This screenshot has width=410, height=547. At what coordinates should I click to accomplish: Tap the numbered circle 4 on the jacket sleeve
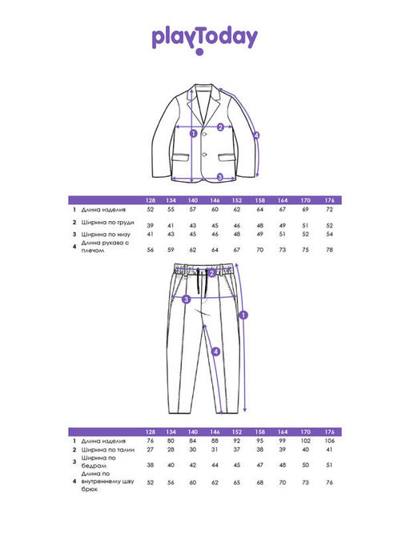[256, 135]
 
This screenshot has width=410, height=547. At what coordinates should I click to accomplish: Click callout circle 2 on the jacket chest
[220, 127]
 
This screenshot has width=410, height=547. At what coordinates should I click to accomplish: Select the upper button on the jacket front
[204, 134]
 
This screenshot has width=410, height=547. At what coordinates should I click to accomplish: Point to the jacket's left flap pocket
[181, 157]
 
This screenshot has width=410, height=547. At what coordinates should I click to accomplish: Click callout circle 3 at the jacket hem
[220, 177]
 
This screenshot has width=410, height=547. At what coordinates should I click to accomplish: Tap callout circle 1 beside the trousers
[244, 315]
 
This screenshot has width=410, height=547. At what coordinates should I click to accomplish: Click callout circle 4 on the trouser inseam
[215, 352]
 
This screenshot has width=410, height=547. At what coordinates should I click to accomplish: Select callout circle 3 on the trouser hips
[187, 300]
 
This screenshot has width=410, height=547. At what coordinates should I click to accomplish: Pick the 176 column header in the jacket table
[329, 200]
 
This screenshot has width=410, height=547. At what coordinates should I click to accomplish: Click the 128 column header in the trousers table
[150, 432]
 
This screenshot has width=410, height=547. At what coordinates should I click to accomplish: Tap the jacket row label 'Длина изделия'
[103, 210]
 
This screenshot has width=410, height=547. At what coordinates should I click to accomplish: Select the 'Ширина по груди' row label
[108, 222]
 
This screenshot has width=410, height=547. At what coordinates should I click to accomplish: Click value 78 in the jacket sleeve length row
[329, 250]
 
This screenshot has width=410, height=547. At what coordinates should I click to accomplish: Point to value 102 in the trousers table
[305, 441]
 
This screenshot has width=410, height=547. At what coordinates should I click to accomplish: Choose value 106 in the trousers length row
[329, 441]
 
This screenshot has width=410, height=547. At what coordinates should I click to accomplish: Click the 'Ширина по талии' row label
[108, 449]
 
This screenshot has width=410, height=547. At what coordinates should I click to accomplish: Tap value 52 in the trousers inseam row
[150, 482]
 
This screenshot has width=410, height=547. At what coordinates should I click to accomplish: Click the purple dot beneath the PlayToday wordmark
[199, 52]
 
